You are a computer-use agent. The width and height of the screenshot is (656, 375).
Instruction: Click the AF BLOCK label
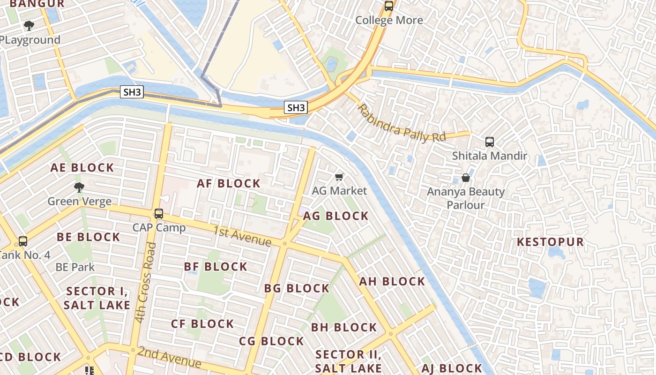[228, 183]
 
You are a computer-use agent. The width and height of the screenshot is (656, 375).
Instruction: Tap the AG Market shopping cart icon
[340, 177]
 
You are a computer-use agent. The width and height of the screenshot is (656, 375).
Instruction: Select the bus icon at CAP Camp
[159, 214]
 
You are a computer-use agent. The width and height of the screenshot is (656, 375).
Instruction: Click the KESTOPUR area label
[550, 242]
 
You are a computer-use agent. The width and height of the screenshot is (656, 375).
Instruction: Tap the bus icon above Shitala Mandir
[490, 142]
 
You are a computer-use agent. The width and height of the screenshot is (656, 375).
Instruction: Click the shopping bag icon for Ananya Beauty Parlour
[466, 178]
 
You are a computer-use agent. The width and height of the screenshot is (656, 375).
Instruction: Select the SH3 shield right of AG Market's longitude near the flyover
[296, 108]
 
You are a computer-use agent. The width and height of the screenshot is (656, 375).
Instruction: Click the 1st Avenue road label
[242, 236]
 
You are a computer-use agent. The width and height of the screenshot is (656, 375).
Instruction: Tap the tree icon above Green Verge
[79, 187]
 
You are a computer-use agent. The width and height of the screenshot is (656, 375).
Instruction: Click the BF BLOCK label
[216, 267]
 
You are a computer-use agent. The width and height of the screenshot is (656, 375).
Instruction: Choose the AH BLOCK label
[392, 282]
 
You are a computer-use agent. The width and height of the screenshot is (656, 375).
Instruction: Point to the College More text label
[389, 20]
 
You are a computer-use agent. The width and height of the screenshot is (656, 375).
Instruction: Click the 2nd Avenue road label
[170, 358]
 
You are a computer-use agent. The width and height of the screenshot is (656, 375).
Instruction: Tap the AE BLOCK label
[82, 168]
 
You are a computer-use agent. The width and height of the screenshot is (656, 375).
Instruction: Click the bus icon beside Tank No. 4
[22, 241]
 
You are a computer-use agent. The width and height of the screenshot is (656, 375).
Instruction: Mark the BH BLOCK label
[343, 328]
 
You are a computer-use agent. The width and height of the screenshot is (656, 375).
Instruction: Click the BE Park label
[75, 267]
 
